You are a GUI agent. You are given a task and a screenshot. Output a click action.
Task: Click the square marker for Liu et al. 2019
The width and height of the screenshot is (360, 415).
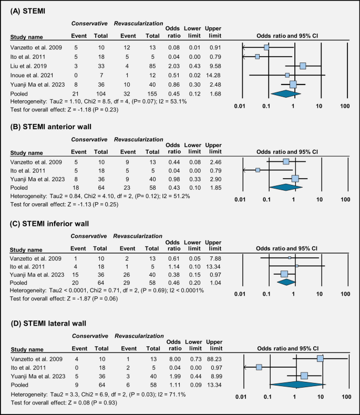303,66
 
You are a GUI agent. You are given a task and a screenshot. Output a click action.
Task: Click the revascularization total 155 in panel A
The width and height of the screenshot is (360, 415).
150,93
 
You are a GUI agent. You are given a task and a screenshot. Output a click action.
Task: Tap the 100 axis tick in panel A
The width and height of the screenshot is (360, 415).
345,107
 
